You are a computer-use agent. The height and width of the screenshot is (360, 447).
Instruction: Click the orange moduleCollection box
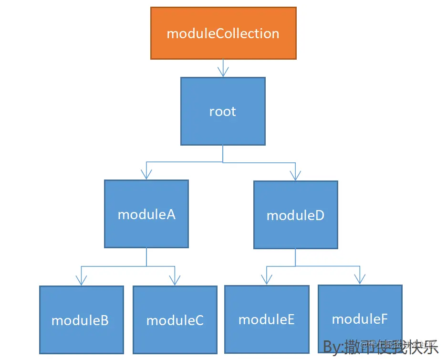coord(223,33)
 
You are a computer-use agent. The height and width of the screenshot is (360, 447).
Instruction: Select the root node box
coord(223,111)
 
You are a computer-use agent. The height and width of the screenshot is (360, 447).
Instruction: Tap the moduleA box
coord(146,214)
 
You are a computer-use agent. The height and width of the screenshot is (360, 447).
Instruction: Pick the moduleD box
coord(295,215)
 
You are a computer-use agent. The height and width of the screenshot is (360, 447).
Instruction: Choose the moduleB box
coord(81,320)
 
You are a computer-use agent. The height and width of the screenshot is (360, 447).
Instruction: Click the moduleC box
coord(175,320)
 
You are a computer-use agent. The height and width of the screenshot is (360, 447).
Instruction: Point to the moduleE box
coord(267,319)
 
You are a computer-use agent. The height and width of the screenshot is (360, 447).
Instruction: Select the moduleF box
coord(360,318)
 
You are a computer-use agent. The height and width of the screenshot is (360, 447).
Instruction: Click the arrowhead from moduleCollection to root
coord(223,72)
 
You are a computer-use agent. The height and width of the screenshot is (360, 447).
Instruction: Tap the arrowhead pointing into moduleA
coord(146,175)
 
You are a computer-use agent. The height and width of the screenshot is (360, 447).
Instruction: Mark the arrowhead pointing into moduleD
coord(295,175)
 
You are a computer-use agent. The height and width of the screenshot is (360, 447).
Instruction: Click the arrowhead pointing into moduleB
coord(82,280)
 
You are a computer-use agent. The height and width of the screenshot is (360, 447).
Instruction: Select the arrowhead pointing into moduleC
coord(175,280)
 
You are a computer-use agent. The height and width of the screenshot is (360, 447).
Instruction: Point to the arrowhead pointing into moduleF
coord(360,279)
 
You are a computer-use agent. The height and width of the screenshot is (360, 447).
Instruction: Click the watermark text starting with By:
coord(380,348)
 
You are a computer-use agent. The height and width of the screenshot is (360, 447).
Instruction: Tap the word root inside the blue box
coord(223,111)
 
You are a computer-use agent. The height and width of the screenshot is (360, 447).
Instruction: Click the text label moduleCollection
coord(223,33)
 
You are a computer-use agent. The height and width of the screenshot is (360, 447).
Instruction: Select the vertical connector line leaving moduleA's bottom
coord(146,257)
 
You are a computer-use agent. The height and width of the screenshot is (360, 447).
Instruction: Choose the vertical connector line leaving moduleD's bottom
coord(295,257)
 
